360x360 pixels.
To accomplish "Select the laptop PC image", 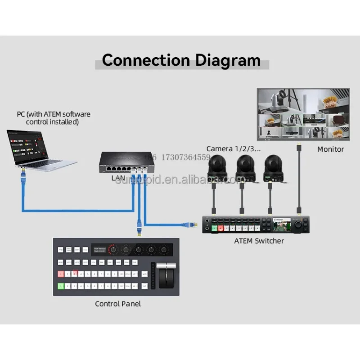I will tap(40, 148).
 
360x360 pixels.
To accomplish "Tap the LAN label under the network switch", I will tap(118, 178).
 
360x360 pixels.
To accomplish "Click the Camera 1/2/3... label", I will tap(234, 148).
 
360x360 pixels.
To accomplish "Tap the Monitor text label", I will tap(330, 149).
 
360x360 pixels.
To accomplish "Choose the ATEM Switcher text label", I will tap(259, 241).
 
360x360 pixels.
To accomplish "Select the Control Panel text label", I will tap(118, 304).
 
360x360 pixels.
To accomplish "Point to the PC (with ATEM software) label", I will tap(54, 118).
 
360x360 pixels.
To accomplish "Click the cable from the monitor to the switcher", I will tap(299, 180).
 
